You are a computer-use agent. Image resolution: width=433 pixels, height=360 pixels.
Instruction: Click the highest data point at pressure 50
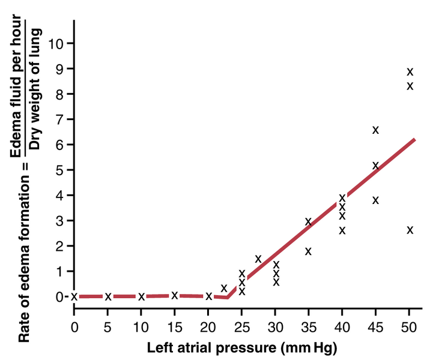point(410,72)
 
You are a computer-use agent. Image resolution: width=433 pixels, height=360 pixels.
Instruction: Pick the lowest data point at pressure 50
point(410,230)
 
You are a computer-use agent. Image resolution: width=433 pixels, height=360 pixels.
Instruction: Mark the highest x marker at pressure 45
point(376,130)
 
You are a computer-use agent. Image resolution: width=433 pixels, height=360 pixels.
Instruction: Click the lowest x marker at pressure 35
point(309,251)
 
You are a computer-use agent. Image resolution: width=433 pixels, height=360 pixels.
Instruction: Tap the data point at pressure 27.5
point(258,259)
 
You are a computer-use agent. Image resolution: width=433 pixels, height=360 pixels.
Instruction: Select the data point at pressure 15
point(175,295)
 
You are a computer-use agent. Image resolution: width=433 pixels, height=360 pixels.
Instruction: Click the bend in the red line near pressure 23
point(228,298)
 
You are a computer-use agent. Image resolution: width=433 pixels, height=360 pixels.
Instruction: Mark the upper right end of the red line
point(414,139)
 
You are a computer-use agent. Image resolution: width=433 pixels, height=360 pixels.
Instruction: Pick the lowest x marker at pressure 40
point(342,230)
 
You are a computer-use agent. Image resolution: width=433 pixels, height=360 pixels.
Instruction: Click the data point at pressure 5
point(108,296)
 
